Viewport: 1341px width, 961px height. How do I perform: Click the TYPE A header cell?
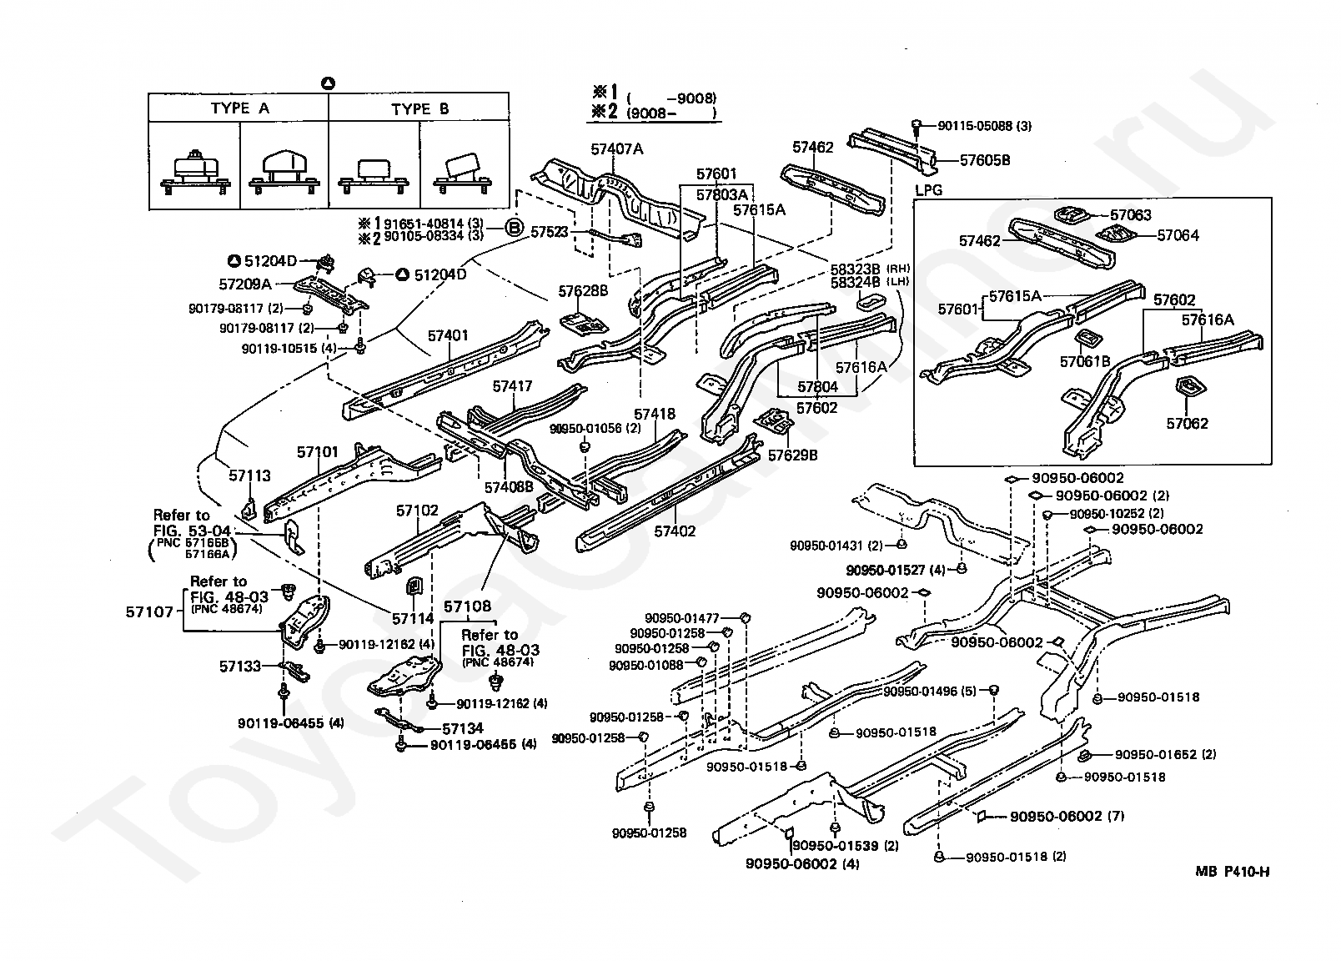239,108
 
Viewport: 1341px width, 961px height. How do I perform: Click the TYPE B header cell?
419,108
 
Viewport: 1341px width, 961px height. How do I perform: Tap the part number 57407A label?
616,148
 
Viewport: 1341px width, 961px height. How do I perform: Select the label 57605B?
985,160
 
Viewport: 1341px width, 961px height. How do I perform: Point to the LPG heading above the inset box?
928,190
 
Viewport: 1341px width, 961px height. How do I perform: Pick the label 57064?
1178,235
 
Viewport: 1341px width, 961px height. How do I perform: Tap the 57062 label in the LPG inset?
1188,423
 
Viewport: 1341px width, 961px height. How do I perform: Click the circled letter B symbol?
514,228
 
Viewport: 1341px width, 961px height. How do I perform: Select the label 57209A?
245,284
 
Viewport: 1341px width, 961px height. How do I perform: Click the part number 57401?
448,335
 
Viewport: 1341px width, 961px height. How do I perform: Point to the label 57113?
249,475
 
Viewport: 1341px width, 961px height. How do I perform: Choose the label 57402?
675,531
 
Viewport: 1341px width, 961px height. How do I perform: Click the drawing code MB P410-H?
1232,872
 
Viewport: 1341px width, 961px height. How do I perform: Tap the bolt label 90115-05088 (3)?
984,126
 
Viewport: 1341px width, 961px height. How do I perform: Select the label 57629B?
792,455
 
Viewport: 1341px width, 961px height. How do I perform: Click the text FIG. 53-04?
192,531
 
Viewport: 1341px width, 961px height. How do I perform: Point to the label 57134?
463,728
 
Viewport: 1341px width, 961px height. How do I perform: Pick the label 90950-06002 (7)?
1067,816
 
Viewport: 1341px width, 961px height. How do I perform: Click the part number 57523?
549,231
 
